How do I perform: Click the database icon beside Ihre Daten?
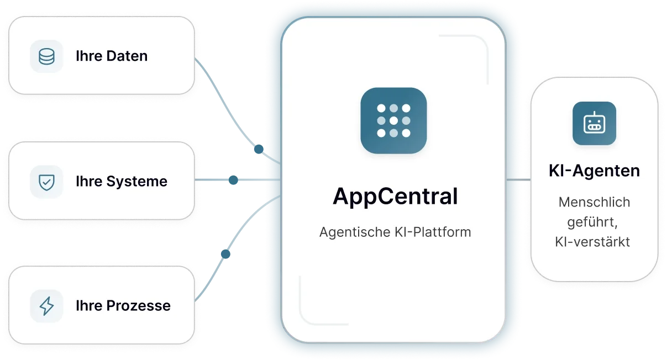click(x=46, y=56)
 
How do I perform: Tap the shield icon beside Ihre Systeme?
click(x=46, y=182)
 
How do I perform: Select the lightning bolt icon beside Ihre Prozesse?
click(x=46, y=306)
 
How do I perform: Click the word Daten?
click(x=127, y=56)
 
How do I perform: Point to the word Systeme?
click(x=136, y=182)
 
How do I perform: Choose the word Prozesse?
click(x=139, y=306)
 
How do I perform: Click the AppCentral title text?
click(x=395, y=197)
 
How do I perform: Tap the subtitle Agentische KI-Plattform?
click(x=395, y=232)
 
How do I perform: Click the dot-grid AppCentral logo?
click(x=393, y=120)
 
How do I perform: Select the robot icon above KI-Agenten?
click(x=595, y=124)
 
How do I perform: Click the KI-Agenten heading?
click(x=595, y=171)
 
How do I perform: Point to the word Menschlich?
click(x=595, y=202)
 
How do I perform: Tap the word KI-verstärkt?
click(x=592, y=242)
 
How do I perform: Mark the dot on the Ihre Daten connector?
click(x=259, y=149)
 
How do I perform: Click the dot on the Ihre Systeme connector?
click(x=233, y=180)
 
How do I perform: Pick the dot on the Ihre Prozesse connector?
click(x=225, y=254)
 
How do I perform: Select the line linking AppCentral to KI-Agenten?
click(x=518, y=179)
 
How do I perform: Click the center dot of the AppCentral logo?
click(x=393, y=120)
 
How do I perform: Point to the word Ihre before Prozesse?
click(x=89, y=306)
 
